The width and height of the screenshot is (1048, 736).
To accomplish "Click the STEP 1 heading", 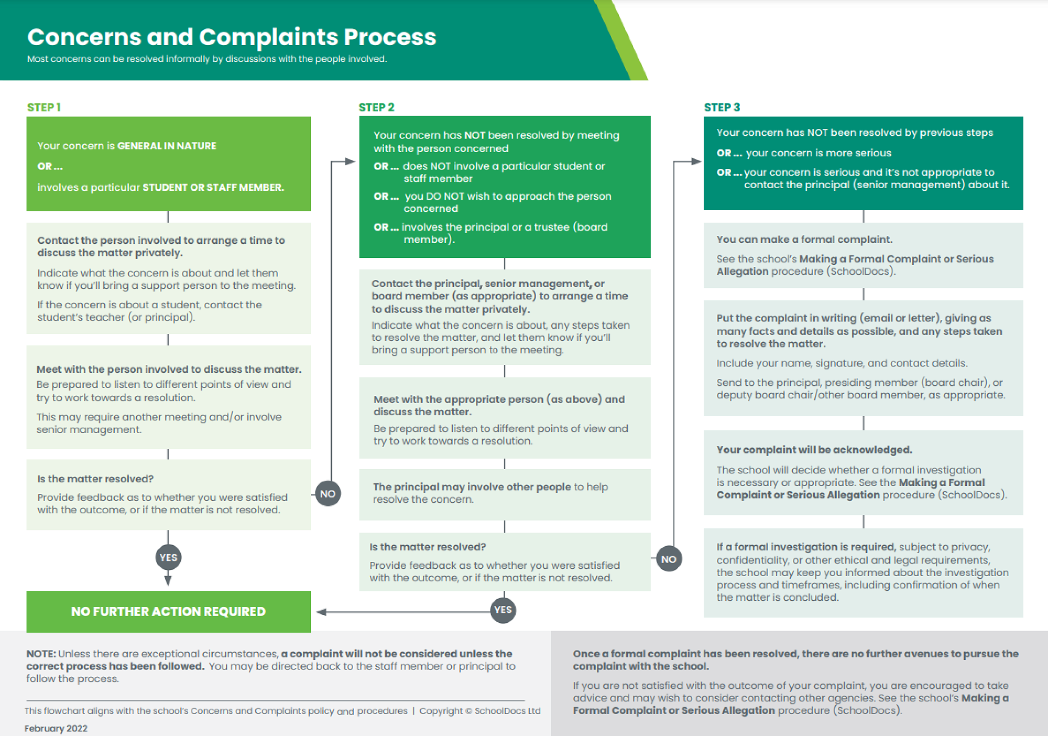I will pos(44,107).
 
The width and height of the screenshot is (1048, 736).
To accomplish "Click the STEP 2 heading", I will pos(376,107).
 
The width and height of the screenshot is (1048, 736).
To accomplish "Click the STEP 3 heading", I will pos(722,107).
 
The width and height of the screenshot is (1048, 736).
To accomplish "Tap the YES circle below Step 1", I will pos(168,557).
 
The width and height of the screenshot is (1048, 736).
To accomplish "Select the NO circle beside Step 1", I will pos(327,494).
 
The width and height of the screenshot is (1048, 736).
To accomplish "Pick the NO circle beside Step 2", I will pos(669,559).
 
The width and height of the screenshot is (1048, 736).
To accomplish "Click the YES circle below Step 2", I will pos(503,610).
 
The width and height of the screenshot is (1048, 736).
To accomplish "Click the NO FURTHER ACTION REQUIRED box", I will pos(168,611).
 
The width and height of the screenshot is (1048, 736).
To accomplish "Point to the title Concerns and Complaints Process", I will pos(232,37).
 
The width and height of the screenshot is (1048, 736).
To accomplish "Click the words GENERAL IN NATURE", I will pos(167,146).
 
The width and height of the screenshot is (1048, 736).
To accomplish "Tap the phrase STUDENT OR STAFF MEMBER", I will pos(213,187).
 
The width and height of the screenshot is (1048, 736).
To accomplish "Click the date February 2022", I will pos(56,728).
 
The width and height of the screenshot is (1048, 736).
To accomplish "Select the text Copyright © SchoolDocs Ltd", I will pos(479,711).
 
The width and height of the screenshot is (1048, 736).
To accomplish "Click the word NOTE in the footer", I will pos(41,654).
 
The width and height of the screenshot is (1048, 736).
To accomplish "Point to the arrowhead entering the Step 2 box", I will pos(351,161).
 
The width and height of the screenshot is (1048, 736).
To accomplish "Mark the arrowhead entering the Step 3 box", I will pos(696,161).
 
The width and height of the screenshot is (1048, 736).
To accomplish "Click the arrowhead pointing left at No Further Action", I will pos(321,612).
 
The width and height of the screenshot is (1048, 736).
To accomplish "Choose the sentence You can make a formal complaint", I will pos(804,240).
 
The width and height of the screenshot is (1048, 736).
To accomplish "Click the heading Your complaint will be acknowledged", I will pos(814,450).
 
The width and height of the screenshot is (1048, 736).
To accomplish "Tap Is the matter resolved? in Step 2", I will pos(427,547).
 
